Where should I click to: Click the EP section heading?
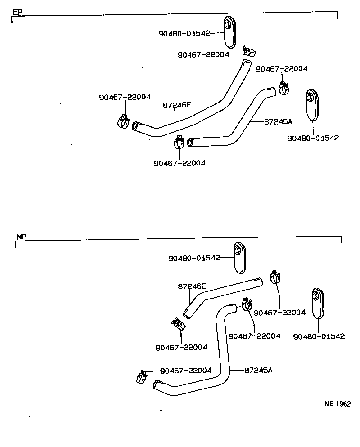click(17, 12)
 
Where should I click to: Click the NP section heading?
click(21, 237)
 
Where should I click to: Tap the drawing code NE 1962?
click(337, 404)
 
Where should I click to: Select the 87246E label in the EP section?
click(177, 106)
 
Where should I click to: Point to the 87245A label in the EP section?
click(278, 121)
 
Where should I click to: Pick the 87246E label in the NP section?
click(192, 286)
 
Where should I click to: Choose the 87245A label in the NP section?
click(259, 370)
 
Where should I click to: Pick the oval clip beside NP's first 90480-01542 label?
click(240, 257)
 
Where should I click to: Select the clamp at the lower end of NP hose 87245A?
click(141, 376)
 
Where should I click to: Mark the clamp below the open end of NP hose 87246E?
click(177, 324)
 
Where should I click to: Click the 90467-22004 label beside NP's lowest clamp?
click(186, 370)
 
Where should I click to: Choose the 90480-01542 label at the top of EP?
click(184, 33)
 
